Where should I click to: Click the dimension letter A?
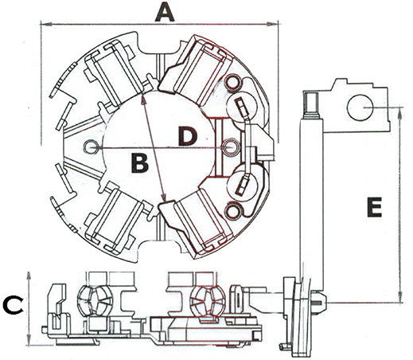pos(165,14)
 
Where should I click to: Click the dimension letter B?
pos(140,163)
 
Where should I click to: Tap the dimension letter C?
pos(13,305)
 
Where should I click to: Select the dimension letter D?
pos(188,136)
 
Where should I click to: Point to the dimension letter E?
pos(374,207)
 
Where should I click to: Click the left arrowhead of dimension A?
pos(46,24)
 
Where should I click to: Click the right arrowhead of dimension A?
pos(272,24)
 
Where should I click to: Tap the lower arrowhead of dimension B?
pos(164,198)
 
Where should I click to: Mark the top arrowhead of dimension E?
pos(400,112)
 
